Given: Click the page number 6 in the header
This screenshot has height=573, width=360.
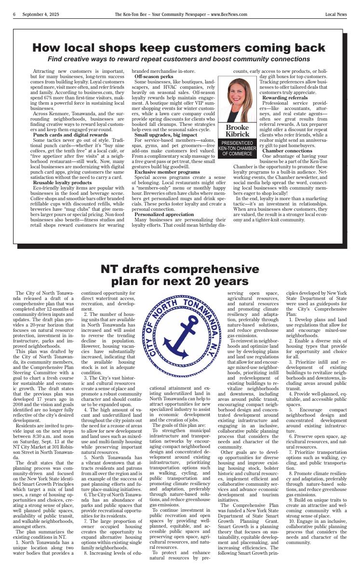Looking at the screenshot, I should coord(14,14).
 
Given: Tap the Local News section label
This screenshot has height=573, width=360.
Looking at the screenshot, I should coord(336,14).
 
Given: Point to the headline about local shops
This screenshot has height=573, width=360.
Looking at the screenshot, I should coord(178,48).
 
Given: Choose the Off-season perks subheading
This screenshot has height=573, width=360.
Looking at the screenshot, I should coord(154,77).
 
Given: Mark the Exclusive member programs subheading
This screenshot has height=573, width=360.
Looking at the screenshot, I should coord(167,172).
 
